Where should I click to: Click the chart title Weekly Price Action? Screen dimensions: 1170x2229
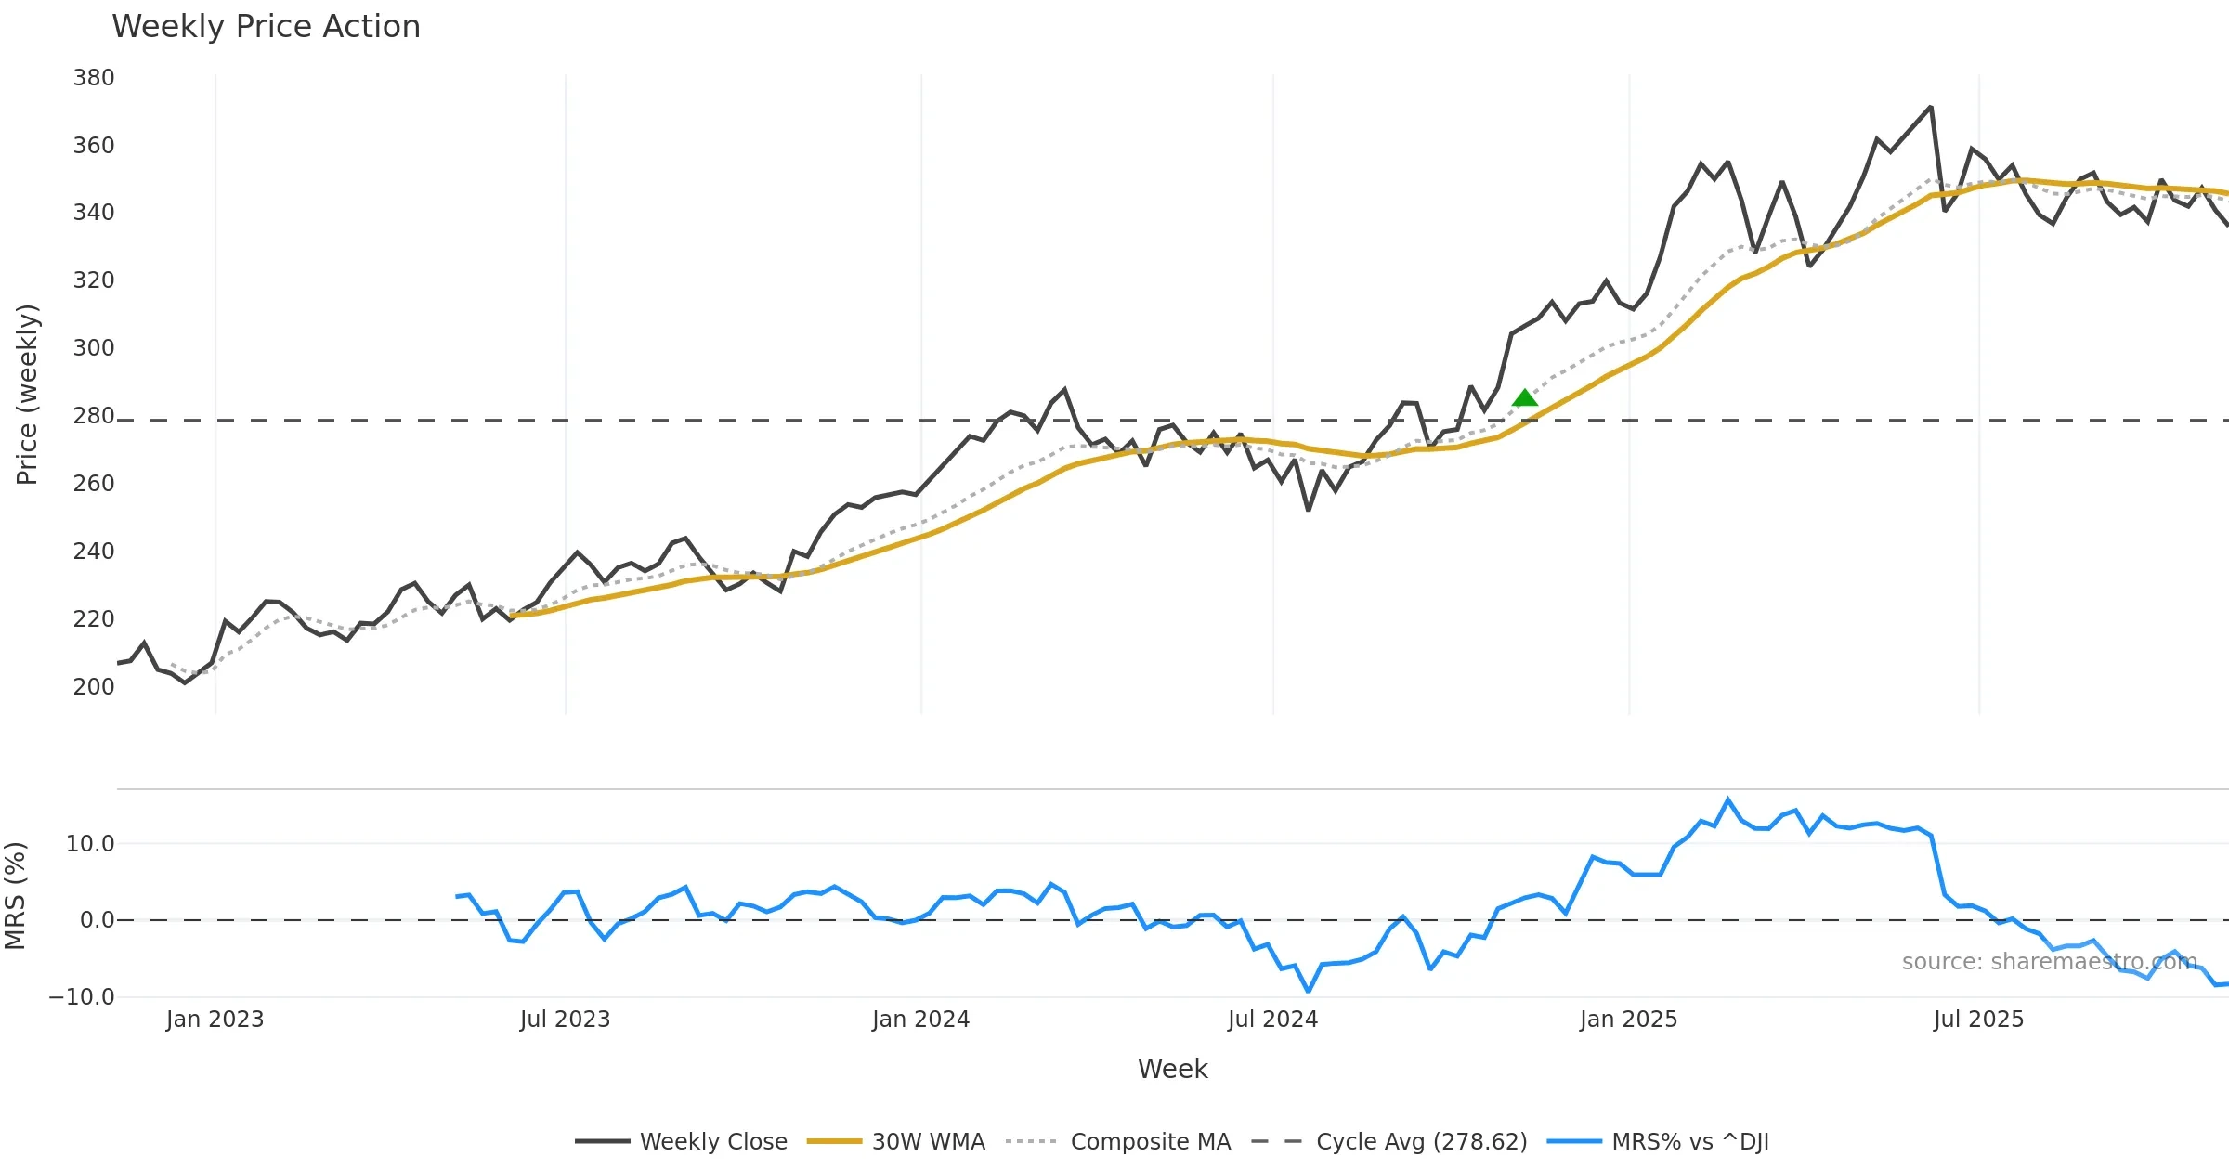(266, 27)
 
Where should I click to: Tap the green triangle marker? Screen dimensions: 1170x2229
(1524, 398)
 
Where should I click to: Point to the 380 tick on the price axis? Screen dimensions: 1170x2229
(94, 78)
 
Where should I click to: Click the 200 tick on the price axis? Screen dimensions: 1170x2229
(94, 687)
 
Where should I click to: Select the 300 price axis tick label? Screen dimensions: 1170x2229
(94, 348)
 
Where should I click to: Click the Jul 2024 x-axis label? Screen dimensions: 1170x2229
(1272, 1020)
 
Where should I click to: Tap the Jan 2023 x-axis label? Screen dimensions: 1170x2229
(215, 1020)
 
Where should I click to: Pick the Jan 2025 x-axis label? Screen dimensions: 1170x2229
(1628, 1020)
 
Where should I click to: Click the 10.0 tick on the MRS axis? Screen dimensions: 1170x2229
(90, 844)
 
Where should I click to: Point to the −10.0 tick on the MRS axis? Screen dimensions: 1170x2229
(82, 997)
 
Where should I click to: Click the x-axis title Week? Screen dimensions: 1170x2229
(1172, 1070)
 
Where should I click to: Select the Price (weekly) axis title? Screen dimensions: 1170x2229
(28, 395)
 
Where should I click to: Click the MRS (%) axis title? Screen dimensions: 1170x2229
(15, 896)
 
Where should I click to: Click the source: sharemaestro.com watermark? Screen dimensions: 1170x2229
(2049, 962)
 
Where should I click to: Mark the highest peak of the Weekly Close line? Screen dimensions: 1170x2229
(1931, 108)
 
